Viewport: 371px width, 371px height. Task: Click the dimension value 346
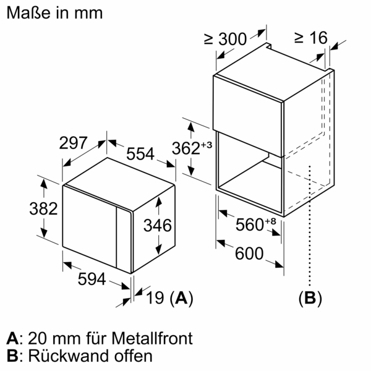click(x=156, y=226)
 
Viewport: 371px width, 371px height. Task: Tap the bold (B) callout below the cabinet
click(x=310, y=299)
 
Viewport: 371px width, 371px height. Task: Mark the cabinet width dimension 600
click(x=249, y=254)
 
